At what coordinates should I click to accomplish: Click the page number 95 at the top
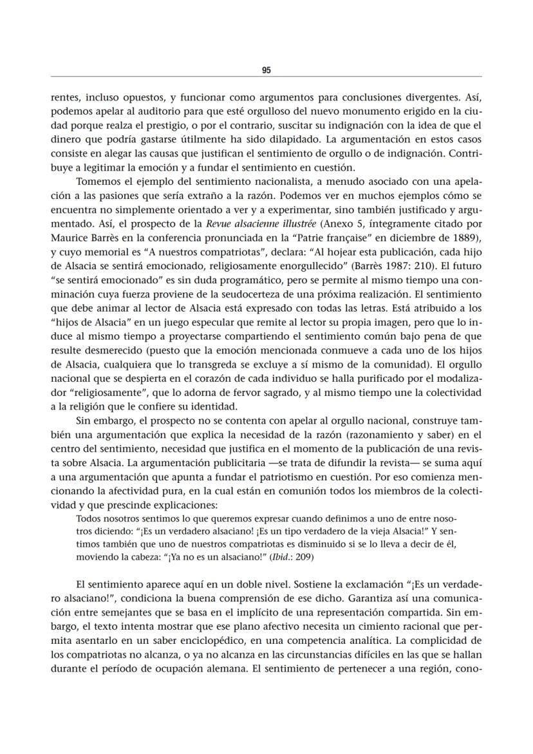266,71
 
